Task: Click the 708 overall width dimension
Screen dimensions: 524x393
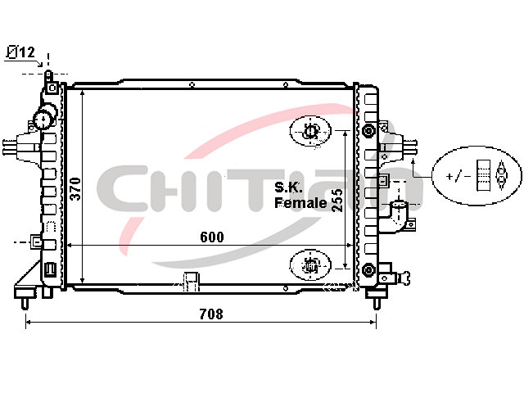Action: pos(211,314)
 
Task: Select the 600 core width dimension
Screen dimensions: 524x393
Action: pos(212,237)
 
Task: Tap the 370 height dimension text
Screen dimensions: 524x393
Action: pos(76,189)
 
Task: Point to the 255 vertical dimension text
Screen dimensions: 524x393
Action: pos(337,200)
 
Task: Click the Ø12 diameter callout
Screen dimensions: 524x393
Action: pos(20,52)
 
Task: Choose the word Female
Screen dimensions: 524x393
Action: pos(300,203)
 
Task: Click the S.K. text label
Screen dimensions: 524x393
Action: pos(288,187)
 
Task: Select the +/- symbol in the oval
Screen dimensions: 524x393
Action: pos(458,175)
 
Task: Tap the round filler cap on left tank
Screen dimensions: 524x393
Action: pos(44,118)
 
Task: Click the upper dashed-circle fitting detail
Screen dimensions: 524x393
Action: pos(310,131)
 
